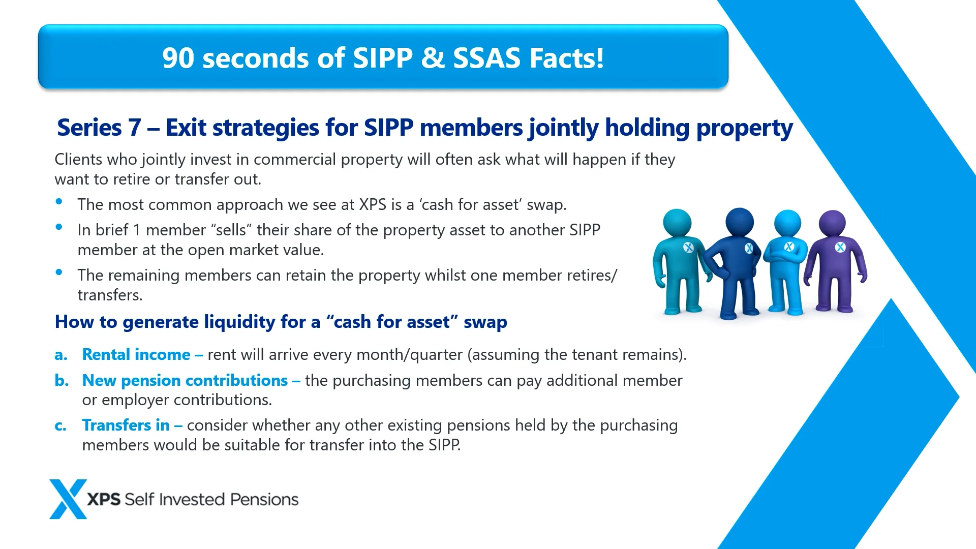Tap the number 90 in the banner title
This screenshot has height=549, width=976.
click(178, 58)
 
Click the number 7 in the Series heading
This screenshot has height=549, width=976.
click(135, 128)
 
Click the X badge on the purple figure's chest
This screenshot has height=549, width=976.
click(840, 247)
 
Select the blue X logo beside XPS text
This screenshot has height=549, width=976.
click(68, 499)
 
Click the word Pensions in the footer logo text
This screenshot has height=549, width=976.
click(264, 499)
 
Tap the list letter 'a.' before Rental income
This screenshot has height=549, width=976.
click(61, 355)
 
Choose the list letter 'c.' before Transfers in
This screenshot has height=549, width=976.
click(60, 425)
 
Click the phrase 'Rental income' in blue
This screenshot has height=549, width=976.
click(136, 354)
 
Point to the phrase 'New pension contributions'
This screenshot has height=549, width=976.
click(185, 380)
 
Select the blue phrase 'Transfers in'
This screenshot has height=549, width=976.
click(126, 425)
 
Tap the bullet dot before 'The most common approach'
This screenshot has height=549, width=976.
click(59, 201)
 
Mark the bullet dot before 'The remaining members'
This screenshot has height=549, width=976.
click(59, 272)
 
